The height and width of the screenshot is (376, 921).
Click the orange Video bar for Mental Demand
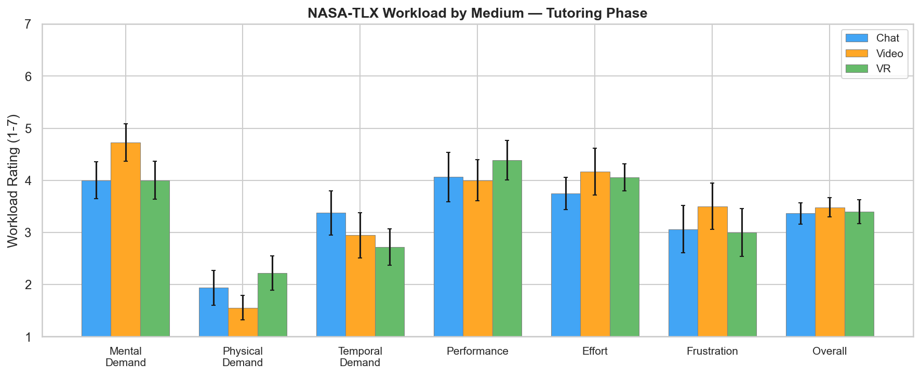126,239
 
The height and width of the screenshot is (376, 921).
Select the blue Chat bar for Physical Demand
213,312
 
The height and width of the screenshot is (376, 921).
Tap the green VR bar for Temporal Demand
390,292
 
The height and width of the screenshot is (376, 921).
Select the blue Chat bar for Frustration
683,283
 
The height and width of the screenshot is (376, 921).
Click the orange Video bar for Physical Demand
243,322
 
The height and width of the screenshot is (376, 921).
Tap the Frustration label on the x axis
712,351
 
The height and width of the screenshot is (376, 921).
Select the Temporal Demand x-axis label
360,357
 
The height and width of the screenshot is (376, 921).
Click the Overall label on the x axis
830,351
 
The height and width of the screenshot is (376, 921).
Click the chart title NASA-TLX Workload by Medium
477,13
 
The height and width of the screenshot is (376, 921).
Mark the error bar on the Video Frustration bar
712,206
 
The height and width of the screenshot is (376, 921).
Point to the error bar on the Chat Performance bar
448,177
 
